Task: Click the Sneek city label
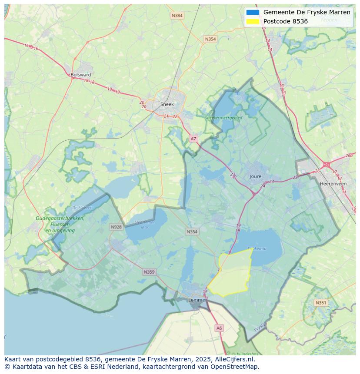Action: pos(167,104)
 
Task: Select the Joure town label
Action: pos(256,176)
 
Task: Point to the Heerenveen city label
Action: pos(333,184)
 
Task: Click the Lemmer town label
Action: pos(197,300)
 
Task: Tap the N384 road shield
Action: pos(177,16)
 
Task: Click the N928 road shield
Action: pos(116,227)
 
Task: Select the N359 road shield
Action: pos(149,272)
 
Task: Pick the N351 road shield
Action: pos(321,303)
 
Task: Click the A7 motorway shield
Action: pos(193,139)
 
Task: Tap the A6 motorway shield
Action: pos(219,328)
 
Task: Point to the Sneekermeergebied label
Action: pos(223,117)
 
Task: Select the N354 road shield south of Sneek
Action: pos(192,232)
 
